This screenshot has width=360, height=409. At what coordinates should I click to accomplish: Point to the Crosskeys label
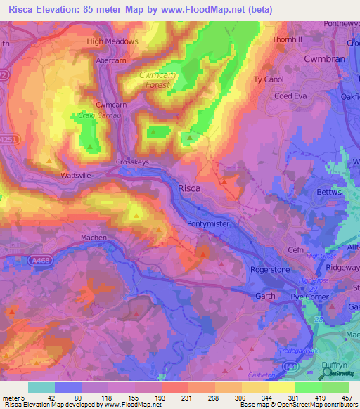tap(131, 161)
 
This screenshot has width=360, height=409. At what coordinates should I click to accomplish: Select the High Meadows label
tap(112, 41)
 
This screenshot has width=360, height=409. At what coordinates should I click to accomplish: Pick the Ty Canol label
tap(268, 79)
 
